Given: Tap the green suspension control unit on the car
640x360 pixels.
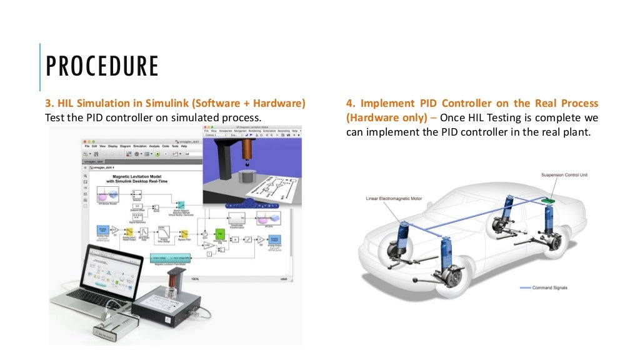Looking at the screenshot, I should pyautogui.click(x=550, y=201).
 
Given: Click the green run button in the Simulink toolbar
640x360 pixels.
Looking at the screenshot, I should pyautogui.click(x=158, y=154).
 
